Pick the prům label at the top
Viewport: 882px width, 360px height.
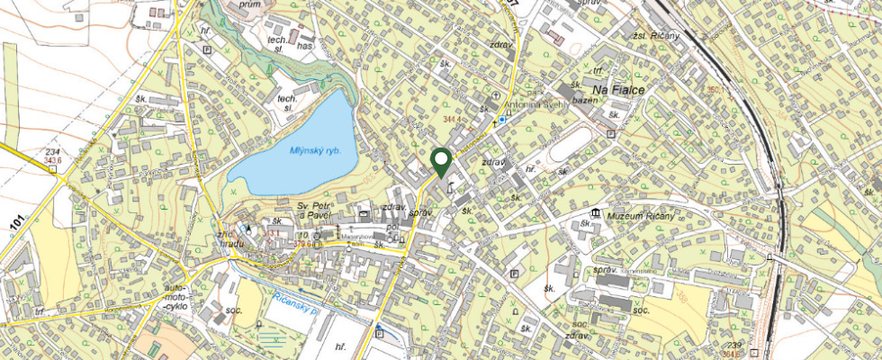[x=250, y=5]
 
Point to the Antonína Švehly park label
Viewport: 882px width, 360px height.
[x=535, y=104]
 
